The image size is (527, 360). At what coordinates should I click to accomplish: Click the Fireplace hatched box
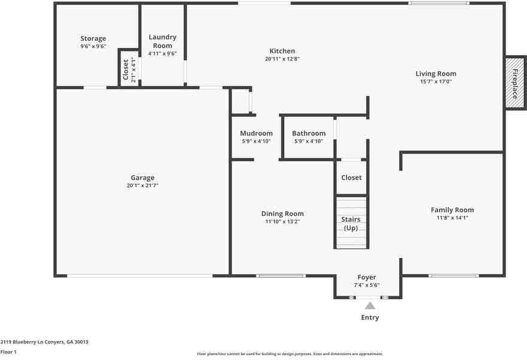(515, 83)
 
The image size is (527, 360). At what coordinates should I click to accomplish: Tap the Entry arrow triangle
(370, 305)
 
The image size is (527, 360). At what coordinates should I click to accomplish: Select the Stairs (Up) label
(351, 224)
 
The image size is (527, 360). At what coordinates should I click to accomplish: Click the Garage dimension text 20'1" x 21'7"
(143, 185)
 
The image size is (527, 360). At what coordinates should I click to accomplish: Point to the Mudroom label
(256, 133)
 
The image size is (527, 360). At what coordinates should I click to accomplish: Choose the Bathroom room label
(309, 133)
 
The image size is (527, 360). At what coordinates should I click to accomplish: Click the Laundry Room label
(162, 41)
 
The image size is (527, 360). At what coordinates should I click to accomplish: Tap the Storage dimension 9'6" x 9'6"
(93, 46)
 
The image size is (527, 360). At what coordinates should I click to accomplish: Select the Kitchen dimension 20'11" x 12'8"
(282, 59)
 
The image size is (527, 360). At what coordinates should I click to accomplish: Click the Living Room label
(436, 74)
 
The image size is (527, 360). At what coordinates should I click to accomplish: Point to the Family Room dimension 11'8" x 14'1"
(453, 218)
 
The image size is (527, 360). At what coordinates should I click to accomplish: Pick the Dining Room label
(282, 214)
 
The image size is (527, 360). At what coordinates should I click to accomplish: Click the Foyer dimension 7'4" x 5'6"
(367, 285)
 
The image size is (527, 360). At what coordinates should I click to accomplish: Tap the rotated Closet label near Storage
(126, 70)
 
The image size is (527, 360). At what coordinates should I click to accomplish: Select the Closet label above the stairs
(351, 178)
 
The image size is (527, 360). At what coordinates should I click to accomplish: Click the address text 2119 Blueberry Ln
(22, 342)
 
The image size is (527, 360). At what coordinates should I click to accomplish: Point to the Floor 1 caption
(8, 352)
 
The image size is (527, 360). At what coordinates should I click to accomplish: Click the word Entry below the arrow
(370, 317)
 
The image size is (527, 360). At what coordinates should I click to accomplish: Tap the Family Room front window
(454, 276)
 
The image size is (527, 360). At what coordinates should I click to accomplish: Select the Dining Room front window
(281, 276)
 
